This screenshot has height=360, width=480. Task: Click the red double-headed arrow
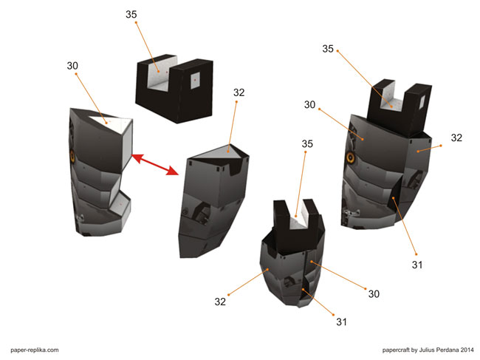point(155,165)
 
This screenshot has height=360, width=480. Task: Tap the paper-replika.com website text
point(35,350)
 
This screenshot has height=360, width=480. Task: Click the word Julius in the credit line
point(426,350)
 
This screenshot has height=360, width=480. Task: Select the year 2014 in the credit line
point(467,350)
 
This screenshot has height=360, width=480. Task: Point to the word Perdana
point(448,350)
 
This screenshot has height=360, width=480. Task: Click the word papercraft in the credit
point(396,350)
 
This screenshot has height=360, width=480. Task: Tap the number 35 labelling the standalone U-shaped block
point(131,14)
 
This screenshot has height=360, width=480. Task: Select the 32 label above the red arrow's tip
point(239,92)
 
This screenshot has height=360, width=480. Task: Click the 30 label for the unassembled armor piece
point(72,66)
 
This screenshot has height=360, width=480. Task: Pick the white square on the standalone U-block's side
point(195,81)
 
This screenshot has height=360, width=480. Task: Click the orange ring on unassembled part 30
point(72,156)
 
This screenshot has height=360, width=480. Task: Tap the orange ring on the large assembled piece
point(351,157)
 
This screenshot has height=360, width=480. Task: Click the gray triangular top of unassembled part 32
point(220,152)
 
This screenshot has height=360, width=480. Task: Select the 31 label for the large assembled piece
point(417,265)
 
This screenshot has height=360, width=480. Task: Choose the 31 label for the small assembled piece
point(342,322)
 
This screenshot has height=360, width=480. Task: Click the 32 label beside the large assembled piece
point(456,138)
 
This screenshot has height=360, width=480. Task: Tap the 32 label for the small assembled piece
point(220,302)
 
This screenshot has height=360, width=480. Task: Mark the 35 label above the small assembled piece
point(307,144)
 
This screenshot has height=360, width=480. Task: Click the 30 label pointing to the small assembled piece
point(374,294)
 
